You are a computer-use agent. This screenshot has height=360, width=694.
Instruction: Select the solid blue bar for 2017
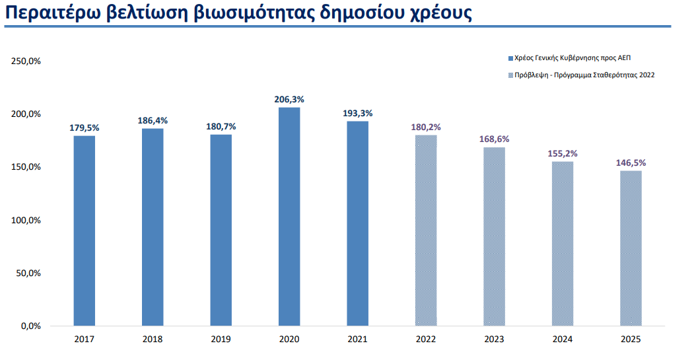tap(85, 231)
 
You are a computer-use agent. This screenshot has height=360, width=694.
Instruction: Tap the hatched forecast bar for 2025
tap(631, 248)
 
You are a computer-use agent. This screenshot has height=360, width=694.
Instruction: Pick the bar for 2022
tap(426, 231)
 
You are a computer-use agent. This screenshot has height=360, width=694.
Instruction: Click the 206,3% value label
tap(289, 100)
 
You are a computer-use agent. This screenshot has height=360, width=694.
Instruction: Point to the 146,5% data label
tap(631, 162)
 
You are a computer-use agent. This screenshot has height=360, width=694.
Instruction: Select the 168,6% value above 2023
tap(494, 139)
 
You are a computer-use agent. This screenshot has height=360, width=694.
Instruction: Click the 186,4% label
tap(153, 120)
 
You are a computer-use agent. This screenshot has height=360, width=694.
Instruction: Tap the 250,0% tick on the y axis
tap(26, 61)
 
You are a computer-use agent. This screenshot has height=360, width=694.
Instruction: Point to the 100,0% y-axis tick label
tap(26, 220)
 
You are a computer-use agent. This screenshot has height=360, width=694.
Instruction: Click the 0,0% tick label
tap(30, 326)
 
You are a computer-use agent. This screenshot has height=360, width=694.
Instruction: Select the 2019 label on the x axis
tap(221, 340)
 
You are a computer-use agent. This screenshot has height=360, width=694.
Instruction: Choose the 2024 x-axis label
tap(563, 340)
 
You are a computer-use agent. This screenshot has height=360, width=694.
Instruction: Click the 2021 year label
tap(357, 340)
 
